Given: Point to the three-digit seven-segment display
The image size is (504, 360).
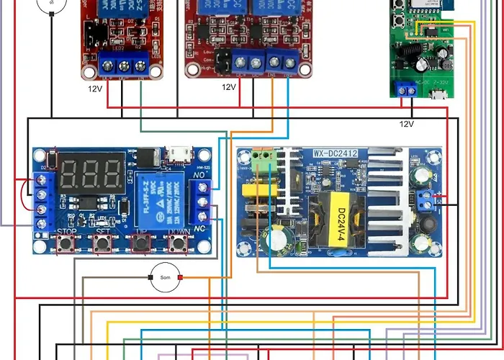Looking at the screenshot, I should [91, 173].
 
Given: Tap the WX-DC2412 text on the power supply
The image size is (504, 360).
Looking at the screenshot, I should [336, 153].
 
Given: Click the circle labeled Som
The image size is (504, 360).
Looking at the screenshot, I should [164, 278].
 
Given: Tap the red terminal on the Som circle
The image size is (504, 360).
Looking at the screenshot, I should [181, 278].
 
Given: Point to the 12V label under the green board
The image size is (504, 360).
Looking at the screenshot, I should [407, 124].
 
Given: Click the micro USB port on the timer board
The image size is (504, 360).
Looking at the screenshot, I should [176, 153].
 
